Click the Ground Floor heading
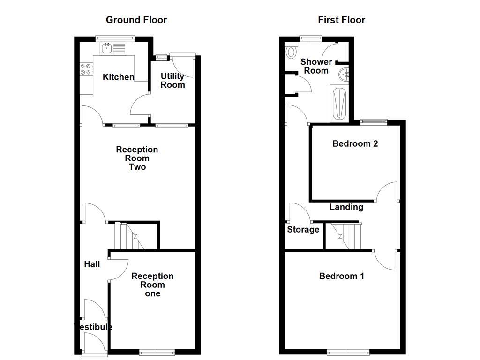pyautogui.click(x=136, y=20)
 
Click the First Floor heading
pyautogui.click(x=341, y=20)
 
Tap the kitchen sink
pyautogui.click(x=107, y=47)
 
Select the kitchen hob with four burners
pyautogui.click(x=86, y=69)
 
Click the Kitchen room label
pyautogui.click(x=118, y=77)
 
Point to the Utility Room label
pyautogui.click(x=172, y=80)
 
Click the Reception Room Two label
pyautogui.click(x=137, y=158)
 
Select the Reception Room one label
pyautogui.click(x=152, y=285)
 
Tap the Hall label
pyautogui.click(x=92, y=264)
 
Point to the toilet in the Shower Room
pyautogui.click(x=291, y=51)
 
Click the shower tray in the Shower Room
pyautogui.click(x=338, y=104)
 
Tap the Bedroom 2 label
pyautogui.click(x=355, y=144)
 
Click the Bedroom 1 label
pyautogui.click(x=341, y=276)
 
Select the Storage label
pyautogui.click(x=303, y=230)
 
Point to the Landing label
pyautogui.click(x=346, y=207)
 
